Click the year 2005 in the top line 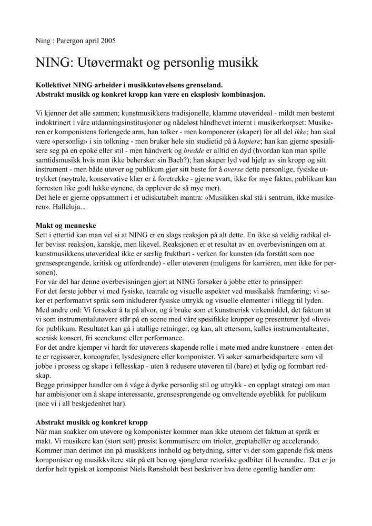[107, 40]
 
